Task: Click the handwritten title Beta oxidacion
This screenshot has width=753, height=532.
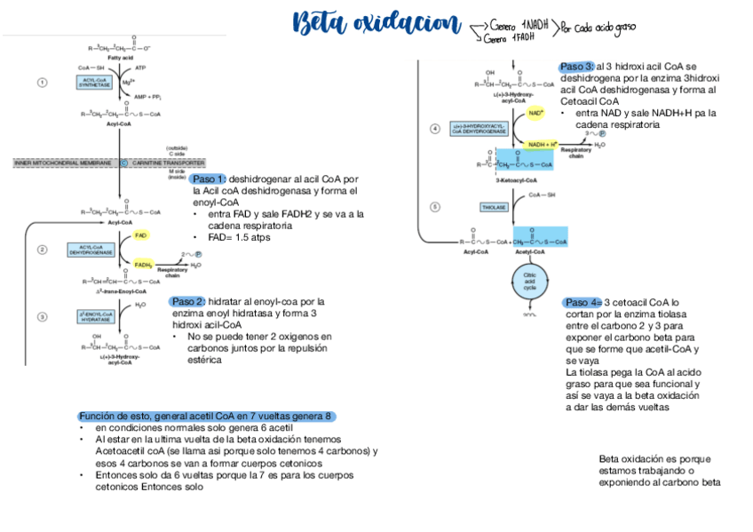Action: [x=376, y=24]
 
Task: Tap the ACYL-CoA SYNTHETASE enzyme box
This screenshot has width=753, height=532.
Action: [x=94, y=82]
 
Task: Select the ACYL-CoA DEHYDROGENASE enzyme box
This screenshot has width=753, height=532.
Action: [x=91, y=250]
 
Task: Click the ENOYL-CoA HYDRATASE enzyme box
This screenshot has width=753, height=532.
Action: [x=95, y=316]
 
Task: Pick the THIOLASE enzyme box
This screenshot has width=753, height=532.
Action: [x=493, y=207]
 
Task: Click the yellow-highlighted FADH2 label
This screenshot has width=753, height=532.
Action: [x=143, y=264]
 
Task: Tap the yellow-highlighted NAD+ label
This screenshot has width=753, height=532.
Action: [x=536, y=114]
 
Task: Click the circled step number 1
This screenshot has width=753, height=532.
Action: [x=42, y=83]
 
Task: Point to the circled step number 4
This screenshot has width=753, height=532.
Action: [x=435, y=129]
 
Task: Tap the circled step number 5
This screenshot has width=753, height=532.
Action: [x=435, y=207]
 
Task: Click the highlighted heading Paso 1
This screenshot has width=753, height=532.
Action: [x=209, y=179]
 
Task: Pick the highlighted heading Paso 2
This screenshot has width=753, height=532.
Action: [x=188, y=301]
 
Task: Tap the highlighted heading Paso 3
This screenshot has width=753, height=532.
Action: [x=577, y=67]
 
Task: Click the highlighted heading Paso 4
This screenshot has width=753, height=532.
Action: [x=583, y=302]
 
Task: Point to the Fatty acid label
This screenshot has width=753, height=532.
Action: [x=121, y=57]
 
